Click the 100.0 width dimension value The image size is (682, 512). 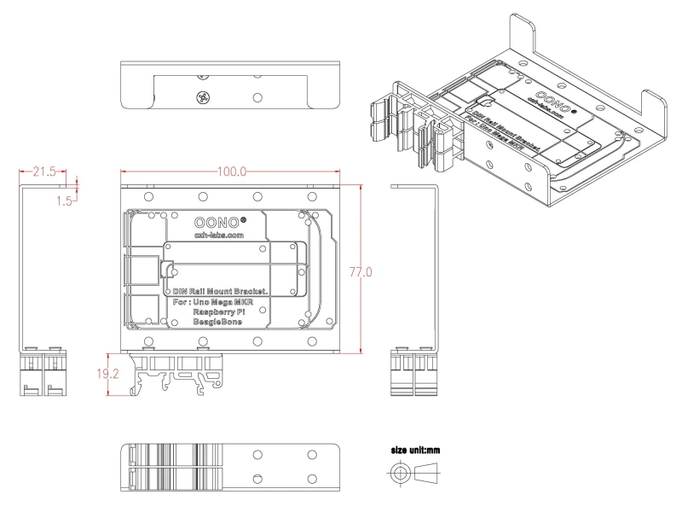click(233, 172)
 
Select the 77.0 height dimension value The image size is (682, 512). click(362, 271)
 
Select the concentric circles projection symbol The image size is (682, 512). click(398, 472)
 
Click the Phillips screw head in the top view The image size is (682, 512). click(202, 98)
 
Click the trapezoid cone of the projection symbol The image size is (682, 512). click(434, 472)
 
